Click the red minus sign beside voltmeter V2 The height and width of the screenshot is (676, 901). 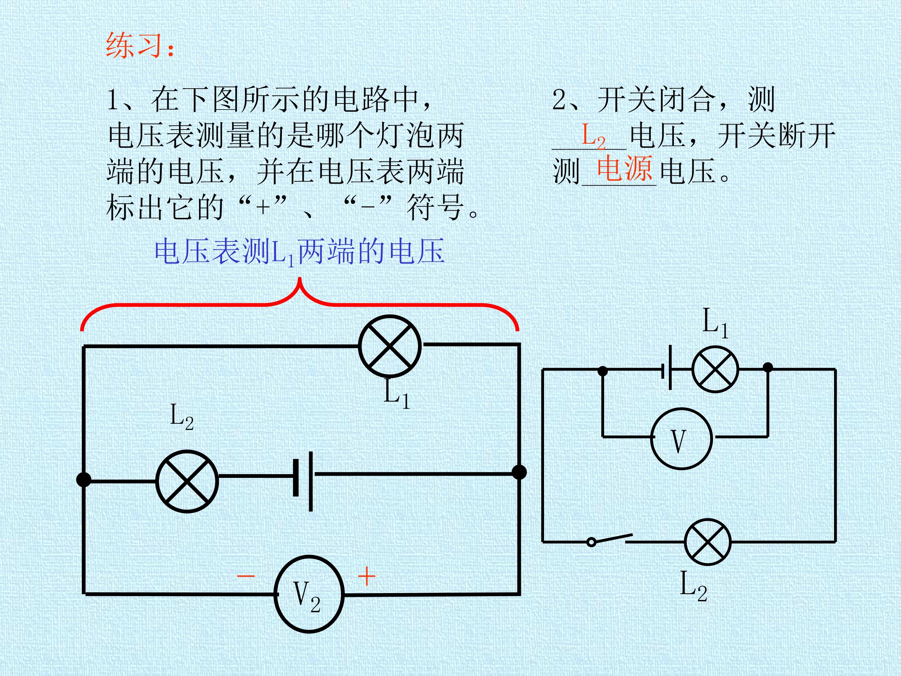click(246, 576)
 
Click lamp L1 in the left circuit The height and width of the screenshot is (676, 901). click(390, 346)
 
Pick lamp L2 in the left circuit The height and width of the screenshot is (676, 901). click(187, 481)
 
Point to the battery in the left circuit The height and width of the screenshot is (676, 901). click(303, 481)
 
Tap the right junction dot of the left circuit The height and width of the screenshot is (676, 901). click(519, 472)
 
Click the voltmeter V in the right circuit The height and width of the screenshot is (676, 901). click(681, 439)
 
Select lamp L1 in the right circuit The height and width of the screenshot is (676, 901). click(715, 369)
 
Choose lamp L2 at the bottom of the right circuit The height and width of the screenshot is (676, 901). click(708, 542)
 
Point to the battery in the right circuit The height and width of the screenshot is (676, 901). click(667, 367)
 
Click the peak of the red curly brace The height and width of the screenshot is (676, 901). click(300, 279)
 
